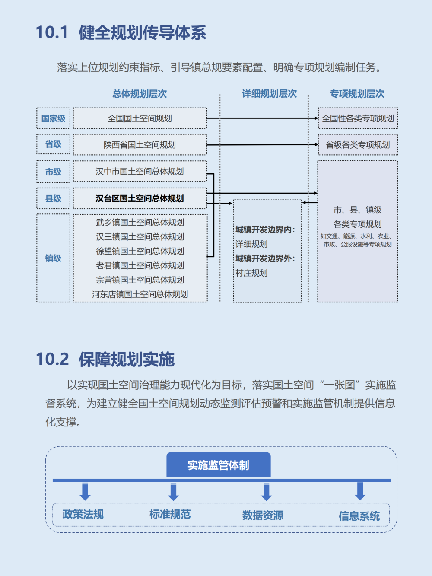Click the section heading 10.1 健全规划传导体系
point(121,32)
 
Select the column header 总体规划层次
point(140,94)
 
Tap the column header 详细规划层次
point(270,94)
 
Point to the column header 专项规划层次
point(357,94)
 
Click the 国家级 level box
point(53,118)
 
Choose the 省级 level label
point(53,144)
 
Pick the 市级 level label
point(53,172)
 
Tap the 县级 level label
point(53,198)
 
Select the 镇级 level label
point(53,258)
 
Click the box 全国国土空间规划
point(140,118)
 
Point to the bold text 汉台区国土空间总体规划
point(140,198)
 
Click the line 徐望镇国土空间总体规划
point(140,251)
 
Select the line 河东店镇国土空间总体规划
point(140,294)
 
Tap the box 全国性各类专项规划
point(358,118)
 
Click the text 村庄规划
point(251,273)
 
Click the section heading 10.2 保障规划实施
point(105,359)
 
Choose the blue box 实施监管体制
point(219,465)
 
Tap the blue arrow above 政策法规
point(85,491)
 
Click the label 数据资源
point(263,516)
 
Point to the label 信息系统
point(359,516)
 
